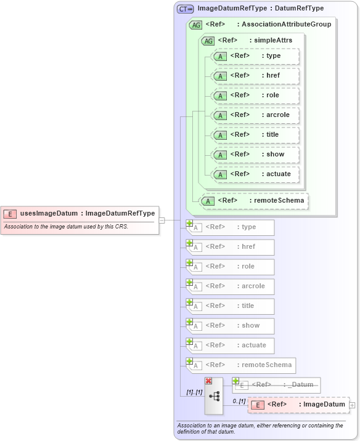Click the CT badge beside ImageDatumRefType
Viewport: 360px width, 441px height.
click(185, 9)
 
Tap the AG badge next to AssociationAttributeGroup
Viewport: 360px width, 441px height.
click(195, 25)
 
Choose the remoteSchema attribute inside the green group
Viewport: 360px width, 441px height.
click(254, 201)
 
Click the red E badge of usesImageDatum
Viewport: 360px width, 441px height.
click(10, 214)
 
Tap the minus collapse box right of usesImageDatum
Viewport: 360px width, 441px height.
click(162, 219)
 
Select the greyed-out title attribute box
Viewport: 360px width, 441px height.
click(231, 305)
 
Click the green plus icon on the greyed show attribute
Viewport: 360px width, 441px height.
click(190, 322)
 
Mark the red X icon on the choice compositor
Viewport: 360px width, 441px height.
click(208, 381)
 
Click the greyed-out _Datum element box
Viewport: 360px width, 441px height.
click(276, 385)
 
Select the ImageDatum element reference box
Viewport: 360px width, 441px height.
click(298, 405)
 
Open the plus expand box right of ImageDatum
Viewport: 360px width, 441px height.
click(353, 405)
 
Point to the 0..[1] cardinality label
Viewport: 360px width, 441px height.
click(239, 402)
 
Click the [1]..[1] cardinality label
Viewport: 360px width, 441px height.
click(195, 392)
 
